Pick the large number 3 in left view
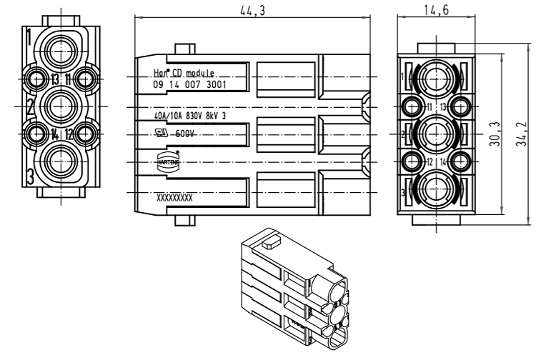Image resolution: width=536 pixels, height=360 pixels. click(x=29, y=176)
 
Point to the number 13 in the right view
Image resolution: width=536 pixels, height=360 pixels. click(x=444, y=106)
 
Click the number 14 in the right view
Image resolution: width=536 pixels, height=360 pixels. click(x=444, y=161)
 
